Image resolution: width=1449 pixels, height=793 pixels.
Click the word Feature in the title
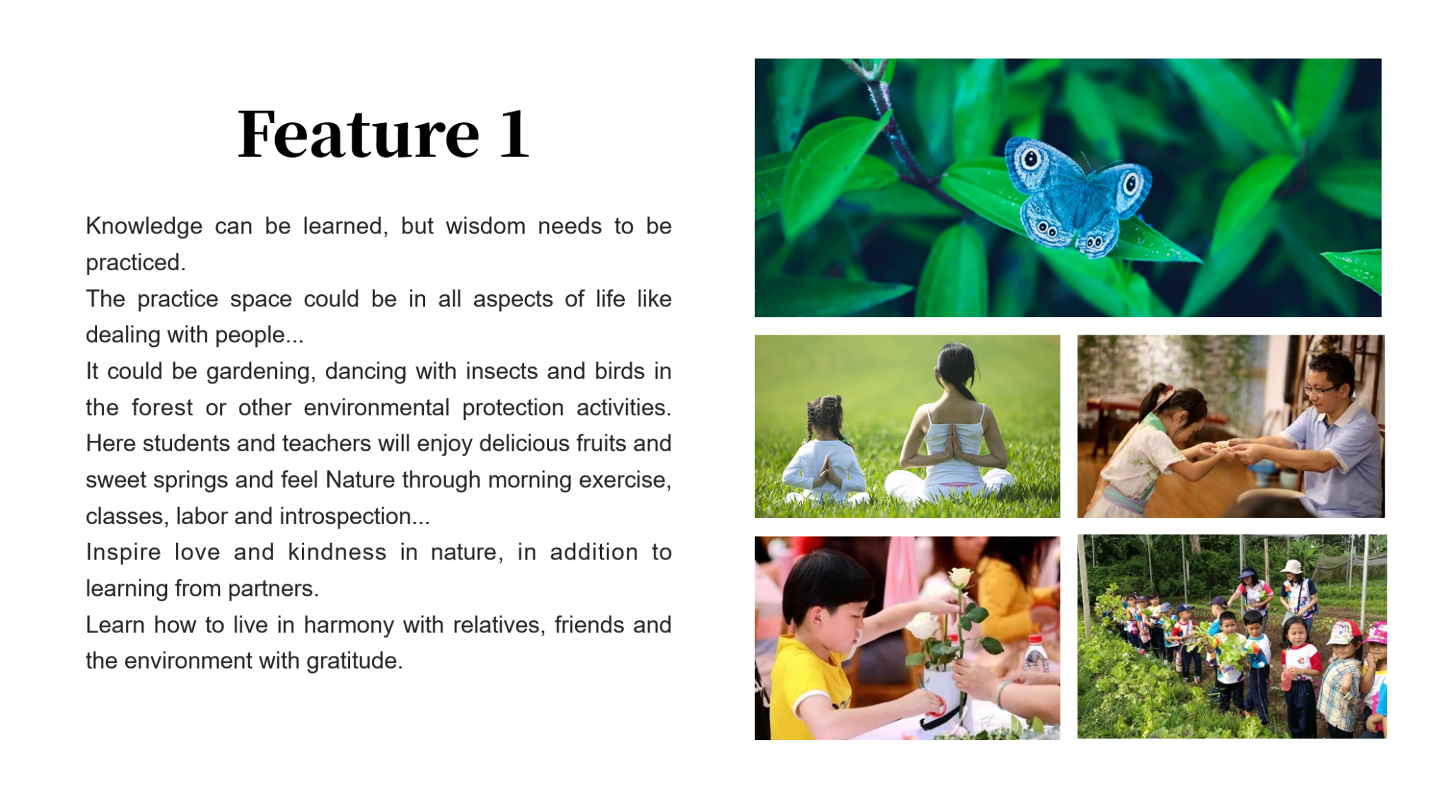coord(359,134)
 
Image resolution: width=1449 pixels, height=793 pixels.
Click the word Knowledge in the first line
coord(144,227)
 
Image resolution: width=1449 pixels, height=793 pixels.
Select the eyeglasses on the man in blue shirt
coord(1320,389)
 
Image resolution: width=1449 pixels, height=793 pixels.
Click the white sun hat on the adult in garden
coord(1292,567)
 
